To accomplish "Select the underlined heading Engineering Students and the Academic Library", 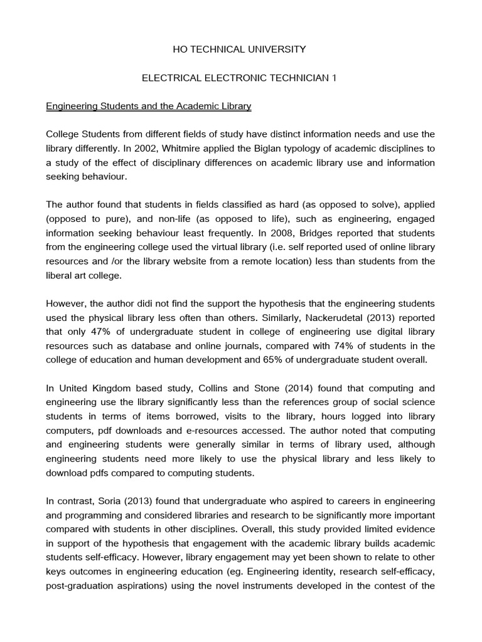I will tap(149, 107).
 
